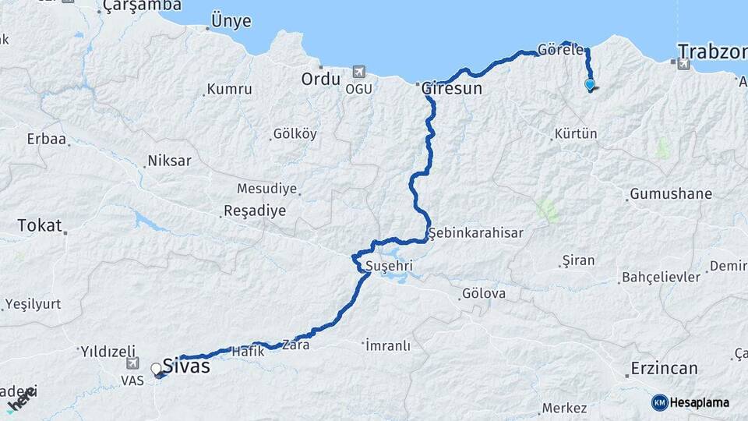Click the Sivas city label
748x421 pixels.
[x=186, y=365]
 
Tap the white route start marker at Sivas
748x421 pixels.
[x=157, y=369]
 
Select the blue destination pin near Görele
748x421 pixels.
[x=590, y=85]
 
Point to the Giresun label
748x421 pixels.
[x=452, y=89]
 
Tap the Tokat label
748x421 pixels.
[x=39, y=225]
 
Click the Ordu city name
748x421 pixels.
[x=321, y=80]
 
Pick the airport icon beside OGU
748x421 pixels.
[x=358, y=72]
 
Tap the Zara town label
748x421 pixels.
[x=301, y=344]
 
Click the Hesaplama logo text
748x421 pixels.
[x=699, y=402]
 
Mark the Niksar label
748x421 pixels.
[x=169, y=161]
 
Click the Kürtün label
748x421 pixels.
[x=576, y=134]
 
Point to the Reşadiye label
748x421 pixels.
[x=254, y=210]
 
